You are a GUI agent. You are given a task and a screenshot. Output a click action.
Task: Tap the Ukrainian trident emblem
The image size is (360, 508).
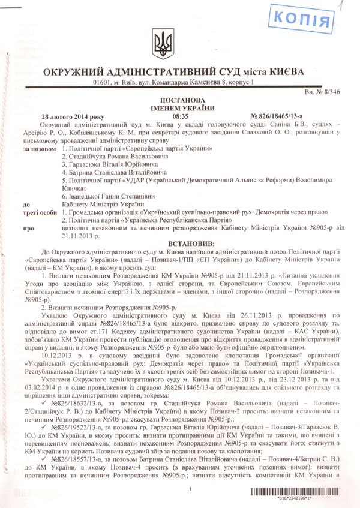pos(162,43)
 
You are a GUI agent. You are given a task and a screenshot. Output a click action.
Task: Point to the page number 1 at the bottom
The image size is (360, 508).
pos(189,490)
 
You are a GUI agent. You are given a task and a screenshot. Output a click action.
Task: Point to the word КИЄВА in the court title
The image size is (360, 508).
pos(283,72)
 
